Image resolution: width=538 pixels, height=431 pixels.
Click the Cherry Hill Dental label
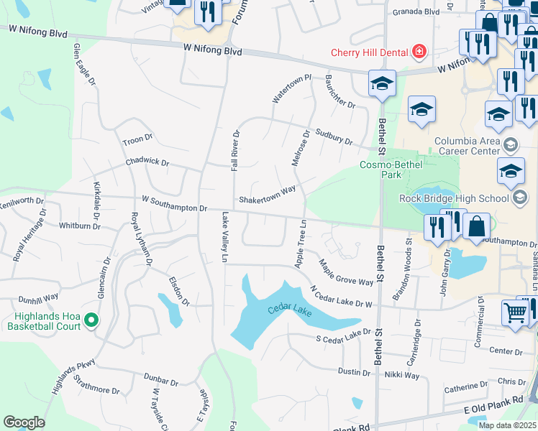point(368,52)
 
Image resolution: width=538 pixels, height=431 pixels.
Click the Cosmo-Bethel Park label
point(391,170)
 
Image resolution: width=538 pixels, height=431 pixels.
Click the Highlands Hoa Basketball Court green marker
point(91,319)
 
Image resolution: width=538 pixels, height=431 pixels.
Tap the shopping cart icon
point(515,312)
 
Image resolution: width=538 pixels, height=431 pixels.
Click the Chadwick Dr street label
point(146,163)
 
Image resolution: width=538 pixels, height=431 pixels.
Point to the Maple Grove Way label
point(346,272)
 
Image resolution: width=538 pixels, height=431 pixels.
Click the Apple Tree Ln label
point(301,244)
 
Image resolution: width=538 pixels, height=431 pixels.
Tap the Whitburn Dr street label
point(80,226)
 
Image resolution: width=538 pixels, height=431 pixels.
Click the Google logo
point(24,422)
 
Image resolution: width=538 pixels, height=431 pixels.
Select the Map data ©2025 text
point(507,425)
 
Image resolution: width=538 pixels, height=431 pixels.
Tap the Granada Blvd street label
point(416,12)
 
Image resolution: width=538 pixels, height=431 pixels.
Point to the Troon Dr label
point(138,139)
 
